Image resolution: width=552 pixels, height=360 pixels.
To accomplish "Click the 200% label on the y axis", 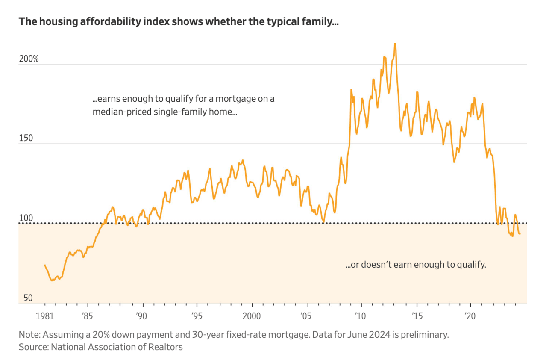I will [29, 59].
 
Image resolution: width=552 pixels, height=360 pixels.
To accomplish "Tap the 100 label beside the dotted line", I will [26, 218].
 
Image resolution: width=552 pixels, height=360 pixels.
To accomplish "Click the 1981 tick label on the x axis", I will [44, 316].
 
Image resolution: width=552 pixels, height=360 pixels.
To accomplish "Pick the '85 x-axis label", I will [87, 316].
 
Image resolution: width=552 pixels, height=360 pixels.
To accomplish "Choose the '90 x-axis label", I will [142, 316].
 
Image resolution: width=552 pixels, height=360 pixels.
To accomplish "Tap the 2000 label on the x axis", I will [252, 316].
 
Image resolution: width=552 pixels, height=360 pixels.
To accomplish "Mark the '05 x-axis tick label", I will [306, 316].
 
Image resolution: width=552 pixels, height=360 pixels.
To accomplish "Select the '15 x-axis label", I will [417, 316].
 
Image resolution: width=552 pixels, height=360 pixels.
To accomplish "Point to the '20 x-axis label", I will [470, 316].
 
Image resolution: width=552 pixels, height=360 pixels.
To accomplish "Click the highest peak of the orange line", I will [395, 44].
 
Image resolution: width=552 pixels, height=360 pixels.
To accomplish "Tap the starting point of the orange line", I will [44, 265].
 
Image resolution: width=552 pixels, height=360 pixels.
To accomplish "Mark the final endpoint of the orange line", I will [520, 233].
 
